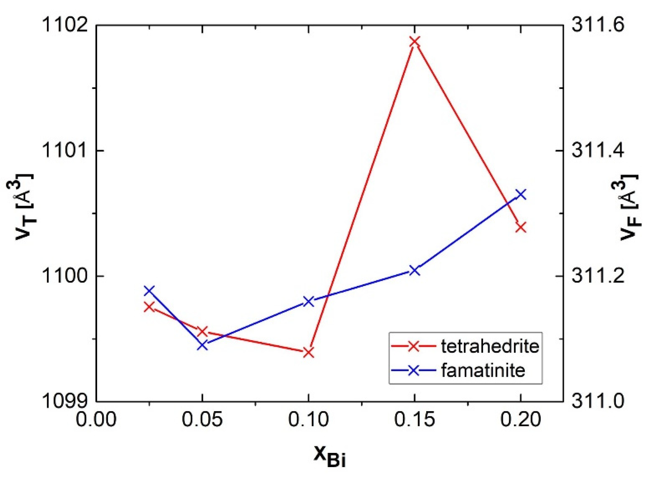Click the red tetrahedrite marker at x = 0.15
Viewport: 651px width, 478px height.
tap(414, 42)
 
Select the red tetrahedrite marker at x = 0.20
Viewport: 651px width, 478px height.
tap(521, 227)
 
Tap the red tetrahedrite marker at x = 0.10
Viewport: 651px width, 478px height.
tap(308, 353)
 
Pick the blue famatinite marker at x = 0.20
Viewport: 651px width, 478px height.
tap(521, 194)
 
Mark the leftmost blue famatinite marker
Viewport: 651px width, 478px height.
tap(149, 291)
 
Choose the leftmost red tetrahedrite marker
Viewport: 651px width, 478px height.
tap(149, 307)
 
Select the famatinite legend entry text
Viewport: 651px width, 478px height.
tap(483, 370)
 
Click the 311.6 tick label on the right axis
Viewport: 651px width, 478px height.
tap(598, 25)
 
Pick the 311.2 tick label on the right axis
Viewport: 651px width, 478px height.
tap(598, 276)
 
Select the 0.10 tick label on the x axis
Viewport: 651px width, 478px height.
tap(308, 419)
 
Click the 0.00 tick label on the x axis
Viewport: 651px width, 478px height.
tap(96, 419)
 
